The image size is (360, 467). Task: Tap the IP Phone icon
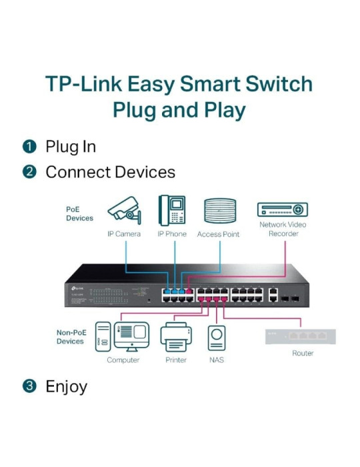[171, 209]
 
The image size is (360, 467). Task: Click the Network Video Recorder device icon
[283, 209]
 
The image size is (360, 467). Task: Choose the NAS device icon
[216, 338]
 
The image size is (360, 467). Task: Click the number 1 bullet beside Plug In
[29, 147]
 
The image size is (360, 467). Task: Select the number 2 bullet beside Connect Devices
[29, 172]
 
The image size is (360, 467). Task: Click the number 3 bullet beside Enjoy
[29, 386]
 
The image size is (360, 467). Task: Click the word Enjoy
[66, 386]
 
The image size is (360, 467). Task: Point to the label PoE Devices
[79, 213]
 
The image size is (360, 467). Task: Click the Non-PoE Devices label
[70, 336]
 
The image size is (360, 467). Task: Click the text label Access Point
[218, 235]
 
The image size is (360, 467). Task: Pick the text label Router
[302, 353]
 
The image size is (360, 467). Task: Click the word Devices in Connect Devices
[143, 172]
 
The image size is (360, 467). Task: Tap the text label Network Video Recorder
[283, 229]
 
